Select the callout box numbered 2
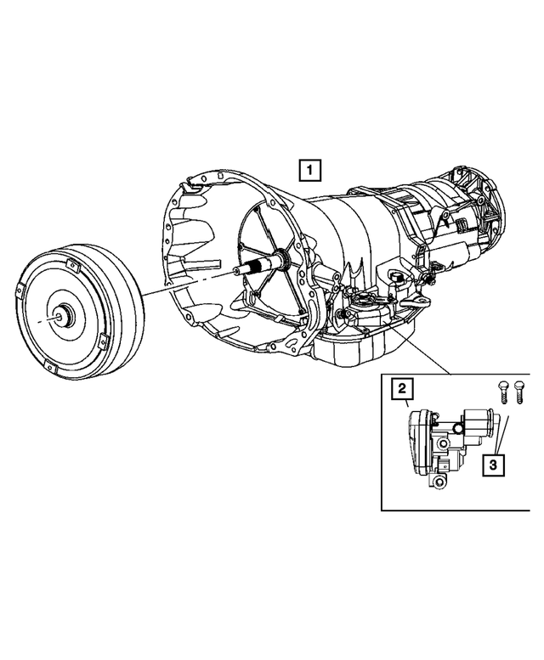402,389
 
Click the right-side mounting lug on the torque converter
100,341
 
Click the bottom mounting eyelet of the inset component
439,482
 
